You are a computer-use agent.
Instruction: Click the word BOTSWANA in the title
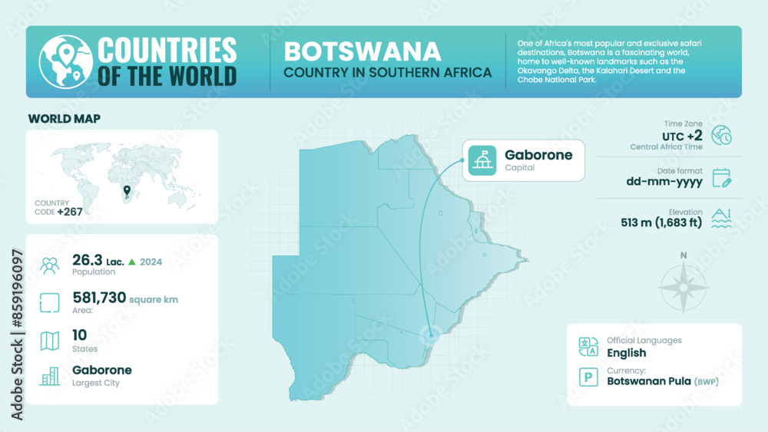362,51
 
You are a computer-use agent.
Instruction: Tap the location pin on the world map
127,190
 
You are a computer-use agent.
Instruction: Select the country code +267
71,212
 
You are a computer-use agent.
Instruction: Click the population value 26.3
87,261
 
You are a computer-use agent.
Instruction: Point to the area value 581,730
98,298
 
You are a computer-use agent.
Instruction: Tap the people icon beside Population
50,265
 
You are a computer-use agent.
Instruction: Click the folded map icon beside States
50,341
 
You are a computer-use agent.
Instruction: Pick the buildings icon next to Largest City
50,376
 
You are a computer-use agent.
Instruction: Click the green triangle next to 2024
132,262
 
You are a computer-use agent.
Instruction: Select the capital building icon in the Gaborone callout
482,160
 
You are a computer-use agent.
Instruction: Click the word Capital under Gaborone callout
519,167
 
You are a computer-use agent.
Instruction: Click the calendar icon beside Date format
721,178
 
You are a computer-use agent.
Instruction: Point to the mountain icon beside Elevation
721,219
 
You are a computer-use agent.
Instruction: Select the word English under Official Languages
626,353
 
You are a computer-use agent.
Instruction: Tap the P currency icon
588,377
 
